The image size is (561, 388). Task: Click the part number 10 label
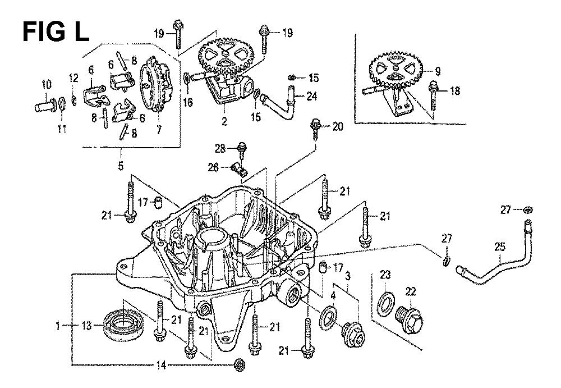pos(46,85)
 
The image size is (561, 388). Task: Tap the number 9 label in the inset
pos(438,71)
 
